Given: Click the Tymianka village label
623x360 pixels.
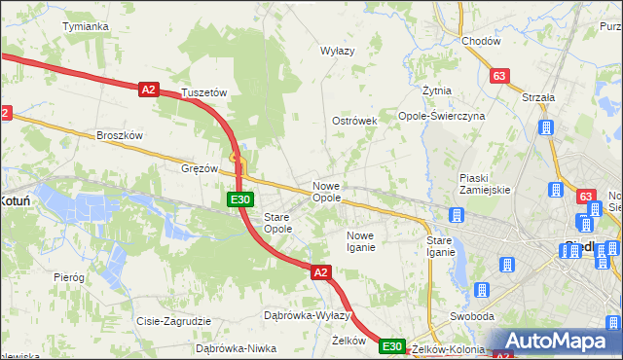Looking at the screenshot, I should click(85, 26).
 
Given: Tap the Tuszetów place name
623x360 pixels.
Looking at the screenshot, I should click(203, 92).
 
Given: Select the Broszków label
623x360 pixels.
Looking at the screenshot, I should click(120, 135).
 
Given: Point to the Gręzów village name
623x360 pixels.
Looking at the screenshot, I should click(200, 167).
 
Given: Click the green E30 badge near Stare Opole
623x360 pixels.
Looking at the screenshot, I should click(241, 199).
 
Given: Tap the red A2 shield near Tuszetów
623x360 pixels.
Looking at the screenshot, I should click(148, 89).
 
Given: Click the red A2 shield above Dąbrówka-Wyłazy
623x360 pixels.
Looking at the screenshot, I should click(321, 273).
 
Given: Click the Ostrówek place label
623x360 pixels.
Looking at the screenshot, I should click(354, 121).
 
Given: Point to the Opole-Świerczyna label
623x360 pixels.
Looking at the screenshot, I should click(442, 116).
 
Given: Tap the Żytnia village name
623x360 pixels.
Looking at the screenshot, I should click(437, 90).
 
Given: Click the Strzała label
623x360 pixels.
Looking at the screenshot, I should click(537, 97).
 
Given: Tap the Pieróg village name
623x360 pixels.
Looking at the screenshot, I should click(69, 277).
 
